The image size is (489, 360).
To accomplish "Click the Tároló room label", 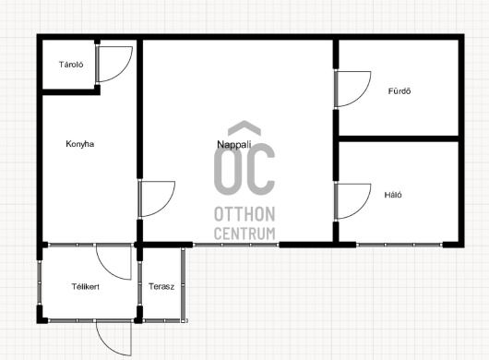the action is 71,65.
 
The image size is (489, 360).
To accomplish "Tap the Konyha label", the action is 80,144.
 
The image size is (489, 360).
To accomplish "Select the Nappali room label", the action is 234,144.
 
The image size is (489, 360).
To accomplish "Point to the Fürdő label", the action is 400,91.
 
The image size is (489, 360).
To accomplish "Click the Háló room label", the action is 393,195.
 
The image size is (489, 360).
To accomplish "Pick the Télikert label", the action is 86,287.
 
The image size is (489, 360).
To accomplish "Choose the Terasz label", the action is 161,286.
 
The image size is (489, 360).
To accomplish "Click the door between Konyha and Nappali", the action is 165,205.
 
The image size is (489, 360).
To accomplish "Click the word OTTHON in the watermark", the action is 244,214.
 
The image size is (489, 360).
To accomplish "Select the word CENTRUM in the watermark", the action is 244,234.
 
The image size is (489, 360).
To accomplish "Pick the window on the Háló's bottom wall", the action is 400,245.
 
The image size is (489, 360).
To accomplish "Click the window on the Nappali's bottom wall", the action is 236,245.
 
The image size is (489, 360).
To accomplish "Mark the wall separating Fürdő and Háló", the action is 399,138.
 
